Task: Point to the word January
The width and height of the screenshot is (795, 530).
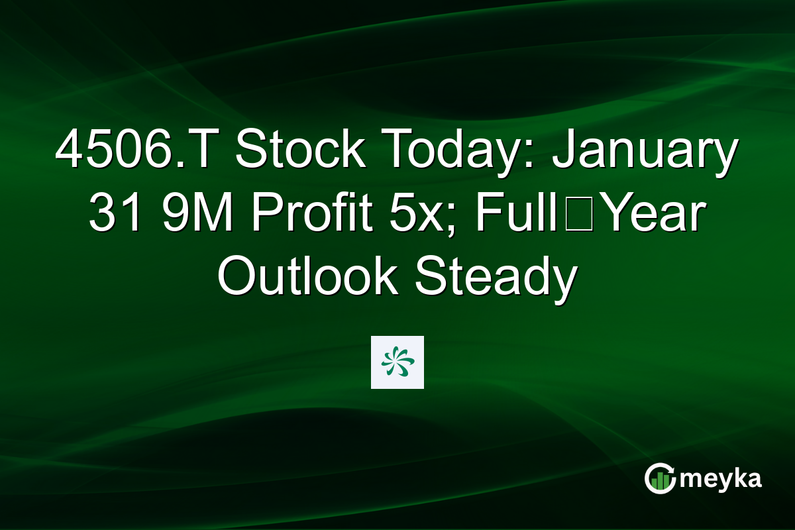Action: [x=646, y=151]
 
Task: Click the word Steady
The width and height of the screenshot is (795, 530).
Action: [x=494, y=278]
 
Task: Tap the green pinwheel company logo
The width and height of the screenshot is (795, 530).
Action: [x=397, y=362]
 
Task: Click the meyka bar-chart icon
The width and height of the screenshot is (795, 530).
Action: [x=659, y=479]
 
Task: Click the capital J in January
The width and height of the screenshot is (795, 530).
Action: [x=564, y=151]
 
